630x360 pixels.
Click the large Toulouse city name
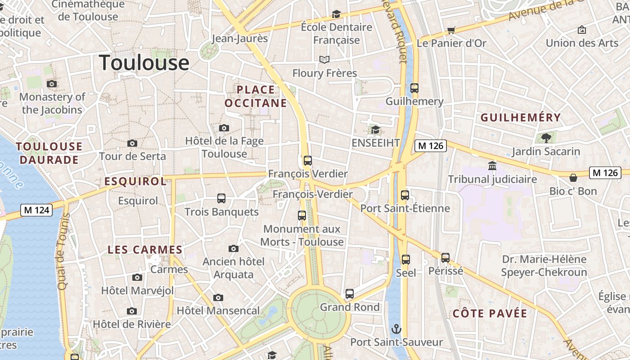pos(144,63)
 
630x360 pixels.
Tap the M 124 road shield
pos(36,210)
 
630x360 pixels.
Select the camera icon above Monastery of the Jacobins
pos(52,84)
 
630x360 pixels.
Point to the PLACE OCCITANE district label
pos(256,96)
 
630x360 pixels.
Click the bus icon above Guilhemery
pos(414,88)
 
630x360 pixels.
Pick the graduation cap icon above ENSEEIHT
pos(375,130)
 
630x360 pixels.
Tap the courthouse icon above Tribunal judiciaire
pos(492,166)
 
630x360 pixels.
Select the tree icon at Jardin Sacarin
pos(546,138)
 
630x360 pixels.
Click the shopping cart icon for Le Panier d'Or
pos(451,30)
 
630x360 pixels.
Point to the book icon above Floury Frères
pos(324,59)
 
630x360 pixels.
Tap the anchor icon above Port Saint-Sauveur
pos(396,328)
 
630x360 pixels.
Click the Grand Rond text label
pos(350,307)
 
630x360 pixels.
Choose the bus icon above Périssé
pos(445,258)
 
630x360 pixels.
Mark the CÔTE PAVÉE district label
pos(490,314)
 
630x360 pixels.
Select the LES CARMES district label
pos(145,250)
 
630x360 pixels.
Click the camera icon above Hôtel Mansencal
pos(218,297)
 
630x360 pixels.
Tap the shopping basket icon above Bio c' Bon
pos(573,178)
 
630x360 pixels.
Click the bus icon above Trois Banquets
pos(221,198)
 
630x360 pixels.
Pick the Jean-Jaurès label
pos(239,38)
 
